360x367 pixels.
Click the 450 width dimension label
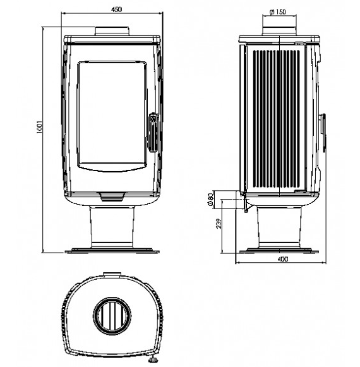click(x=116, y=9)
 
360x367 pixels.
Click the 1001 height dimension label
click(x=39, y=127)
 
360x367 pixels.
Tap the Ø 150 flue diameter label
click(x=278, y=12)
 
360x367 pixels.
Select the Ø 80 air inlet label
click(x=211, y=200)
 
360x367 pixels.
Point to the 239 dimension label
click(x=219, y=224)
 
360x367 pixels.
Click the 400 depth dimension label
click(x=283, y=259)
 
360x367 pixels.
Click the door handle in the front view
click(x=153, y=133)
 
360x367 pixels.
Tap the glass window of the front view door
click(x=112, y=113)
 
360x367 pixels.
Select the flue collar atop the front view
click(x=112, y=32)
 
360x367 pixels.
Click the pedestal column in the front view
click(x=112, y=227)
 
